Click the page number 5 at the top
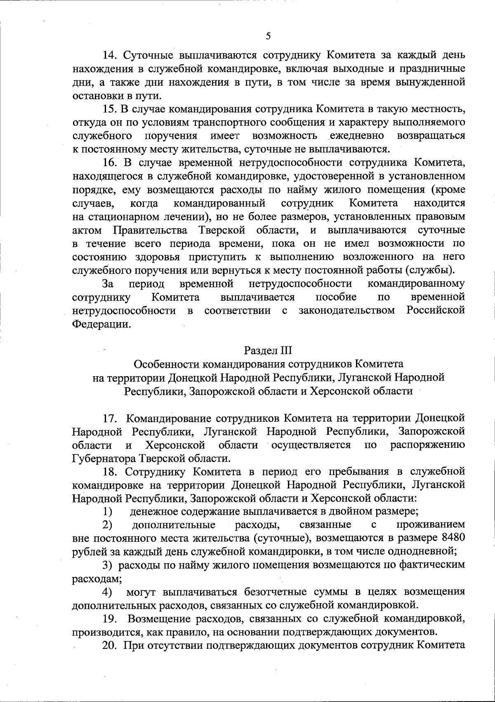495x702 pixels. pyautogui.click(x=268, y=36)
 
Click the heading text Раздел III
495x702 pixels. pyautogui.click(x=268, y=351)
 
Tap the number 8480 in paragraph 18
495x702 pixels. pyautogui.click(x=453, y=538)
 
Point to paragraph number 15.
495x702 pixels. pyautogui.click(x=110, y=109)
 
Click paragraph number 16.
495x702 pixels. pyautogui.click(x=110, y=162)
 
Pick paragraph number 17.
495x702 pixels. pyautogui.click(x=110, y=418)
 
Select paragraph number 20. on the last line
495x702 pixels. pyautogui.click(x=110, y=645)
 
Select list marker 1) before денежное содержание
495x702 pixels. pyautogui.click(x=108, y=512)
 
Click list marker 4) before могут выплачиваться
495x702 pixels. pyautogui.click(x=108, y=592)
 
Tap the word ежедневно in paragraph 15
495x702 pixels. pyautogui.click(x=357, y=136)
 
